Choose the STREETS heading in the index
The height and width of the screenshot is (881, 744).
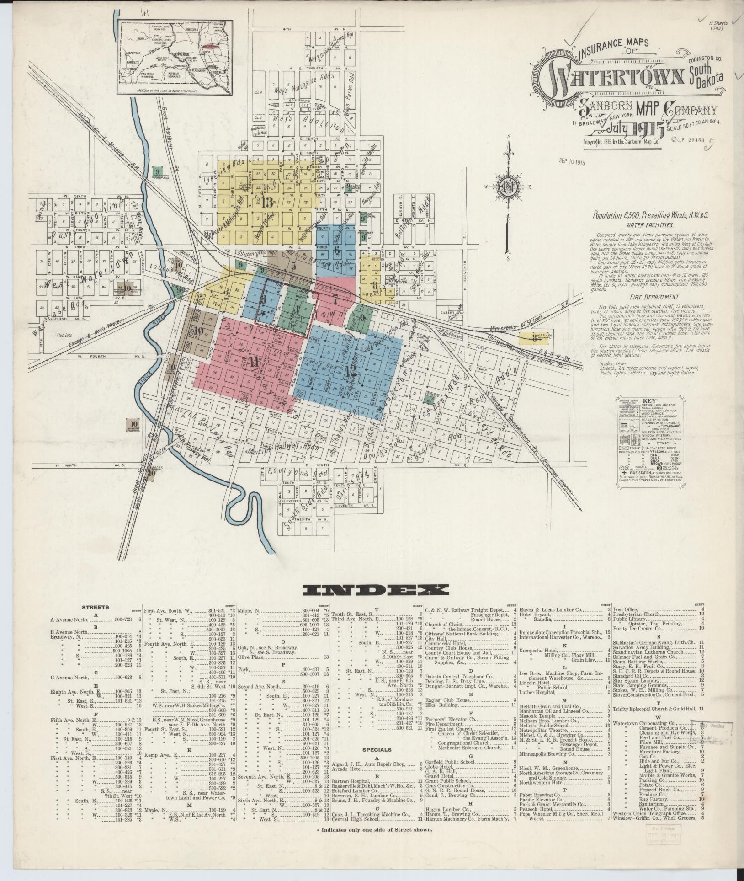96,607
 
